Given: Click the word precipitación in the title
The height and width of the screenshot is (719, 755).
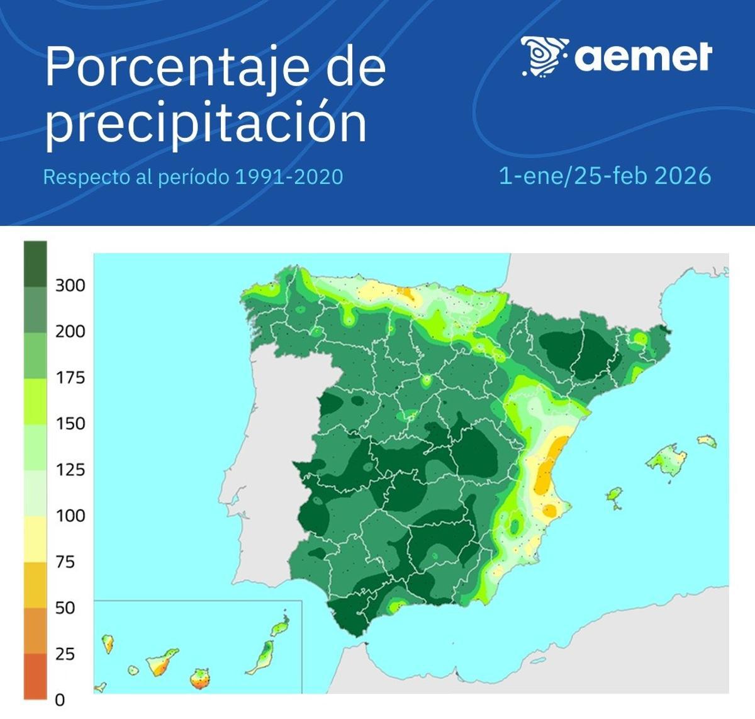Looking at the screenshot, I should (x=205, y=123).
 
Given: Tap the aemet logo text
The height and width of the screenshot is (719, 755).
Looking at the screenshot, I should (x=643, y=57).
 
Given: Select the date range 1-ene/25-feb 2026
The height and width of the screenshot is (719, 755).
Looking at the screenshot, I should (x=605, y=176).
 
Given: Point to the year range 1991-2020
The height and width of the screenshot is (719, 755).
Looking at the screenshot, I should (x=289, y=177).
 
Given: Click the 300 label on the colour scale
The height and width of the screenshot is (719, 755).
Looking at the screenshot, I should (x=70, y=285).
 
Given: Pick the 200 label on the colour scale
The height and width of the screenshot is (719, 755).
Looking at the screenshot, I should (x=70, y=331).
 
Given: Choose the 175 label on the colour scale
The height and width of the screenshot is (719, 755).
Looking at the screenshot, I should (x=70, y=378).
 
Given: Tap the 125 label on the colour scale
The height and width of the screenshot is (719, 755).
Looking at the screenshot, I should (x=70, y=470).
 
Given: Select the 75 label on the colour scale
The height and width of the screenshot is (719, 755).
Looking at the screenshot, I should (x=65, y=562).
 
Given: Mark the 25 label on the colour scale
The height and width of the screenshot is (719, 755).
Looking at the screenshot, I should (x=65, y=654).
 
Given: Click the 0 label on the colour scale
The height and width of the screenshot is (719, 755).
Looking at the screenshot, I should (x=60, y=699).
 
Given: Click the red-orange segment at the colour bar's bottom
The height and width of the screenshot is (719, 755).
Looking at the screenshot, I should (x=35, y=676).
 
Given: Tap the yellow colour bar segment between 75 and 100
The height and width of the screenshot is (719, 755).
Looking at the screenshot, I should (x=35, y=539).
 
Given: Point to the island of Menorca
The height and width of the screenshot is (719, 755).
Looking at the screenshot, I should (x=707, y=441).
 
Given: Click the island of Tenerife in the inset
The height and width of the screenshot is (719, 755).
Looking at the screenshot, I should (x=162, y=662).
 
